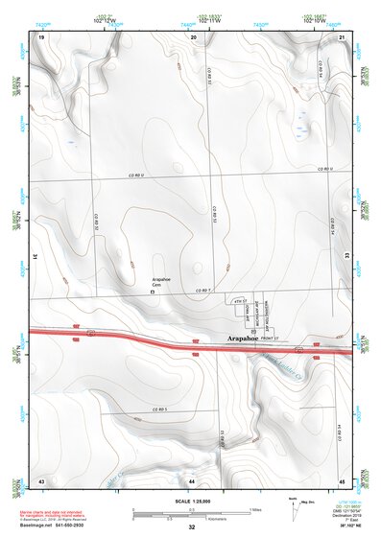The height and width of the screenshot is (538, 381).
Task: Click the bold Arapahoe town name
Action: click(245, 339)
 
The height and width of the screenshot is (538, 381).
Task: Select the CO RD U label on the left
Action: click(141, 177)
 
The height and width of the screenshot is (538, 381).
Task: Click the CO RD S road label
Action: click(158, 409)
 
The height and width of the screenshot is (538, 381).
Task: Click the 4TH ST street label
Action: click(240, 302)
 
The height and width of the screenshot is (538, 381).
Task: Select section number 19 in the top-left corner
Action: click(41, 35)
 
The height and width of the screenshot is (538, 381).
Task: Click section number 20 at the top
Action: click(193, 35)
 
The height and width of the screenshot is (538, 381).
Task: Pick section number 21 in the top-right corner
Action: click(342, 35)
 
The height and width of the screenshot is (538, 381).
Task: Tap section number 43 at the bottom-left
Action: click(41, 479)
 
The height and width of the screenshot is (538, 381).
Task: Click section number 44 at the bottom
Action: click(192, 479)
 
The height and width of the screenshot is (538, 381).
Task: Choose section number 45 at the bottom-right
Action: click(342, 479)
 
